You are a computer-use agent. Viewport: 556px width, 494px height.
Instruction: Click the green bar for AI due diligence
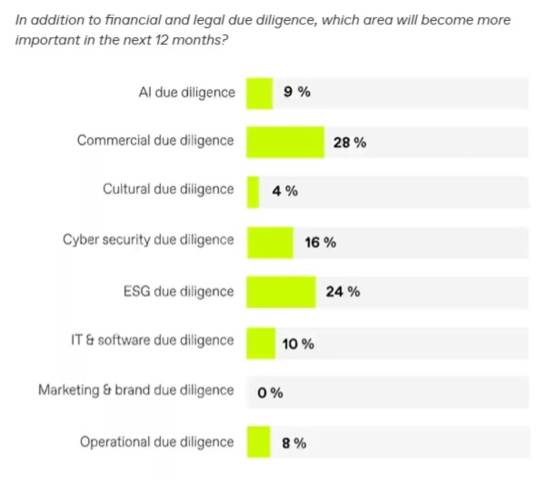pyautogui.click(x=259, y=94)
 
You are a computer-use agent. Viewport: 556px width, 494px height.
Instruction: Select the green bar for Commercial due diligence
pyautogui.click(x=285, y=142)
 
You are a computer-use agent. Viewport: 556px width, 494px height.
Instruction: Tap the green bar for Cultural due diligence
pyautogui.click(x=253, y=192)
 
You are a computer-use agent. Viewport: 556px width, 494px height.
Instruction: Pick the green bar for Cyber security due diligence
pyautogui.click(x=270, y=243)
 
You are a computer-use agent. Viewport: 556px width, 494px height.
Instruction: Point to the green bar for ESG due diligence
pyautogui.click(x=281, y=292)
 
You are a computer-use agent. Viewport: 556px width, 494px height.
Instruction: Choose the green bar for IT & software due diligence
pyautogui.click(x=261, y=343)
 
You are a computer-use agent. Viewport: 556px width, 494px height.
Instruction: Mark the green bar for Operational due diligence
pyautogui.click(x=259, y=442)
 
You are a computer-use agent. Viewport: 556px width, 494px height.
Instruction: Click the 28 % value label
pyautogui.click(x=349, y=143)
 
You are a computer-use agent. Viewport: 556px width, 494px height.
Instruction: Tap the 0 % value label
pyautogui.click(x=270, y=393)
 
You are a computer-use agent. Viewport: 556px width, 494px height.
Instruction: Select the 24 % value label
pyautogui.click(x=342, y=292)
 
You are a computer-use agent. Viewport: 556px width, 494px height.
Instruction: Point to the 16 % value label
pyautogui.click(x=320, y=243)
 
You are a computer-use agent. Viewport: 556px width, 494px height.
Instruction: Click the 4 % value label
pyautogui.click(x=285, y=191)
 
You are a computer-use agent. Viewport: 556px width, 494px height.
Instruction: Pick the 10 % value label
pyautogui.click(x=298, y=344)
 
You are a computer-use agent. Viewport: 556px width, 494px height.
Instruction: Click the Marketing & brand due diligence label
pyautogui.click(x=136, y=390)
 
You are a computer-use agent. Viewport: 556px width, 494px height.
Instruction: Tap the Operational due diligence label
pyautogui.click(x=157, y=442)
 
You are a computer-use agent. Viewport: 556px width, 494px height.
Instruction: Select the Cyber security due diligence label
pyautogui.click(x=148, y=240)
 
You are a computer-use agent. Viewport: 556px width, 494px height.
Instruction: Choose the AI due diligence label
pyautogui.click(x=187, y=92)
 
